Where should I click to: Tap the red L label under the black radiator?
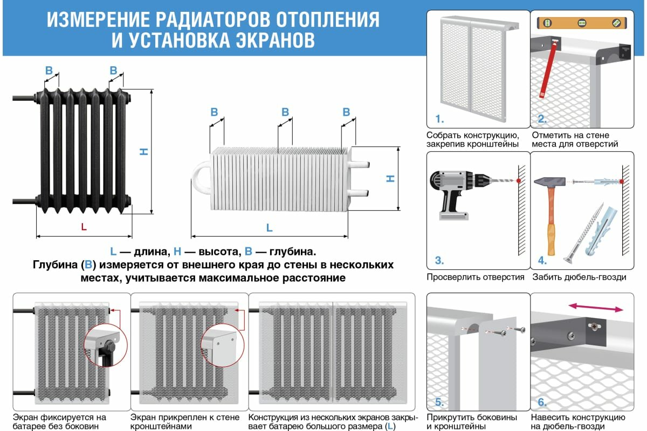coord(84,227)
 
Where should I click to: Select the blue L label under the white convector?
coord(270,228)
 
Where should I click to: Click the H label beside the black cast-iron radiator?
coord(144,151)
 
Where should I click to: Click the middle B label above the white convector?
coord(285,112)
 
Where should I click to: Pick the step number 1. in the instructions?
coord(439,119)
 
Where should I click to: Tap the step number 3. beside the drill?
coord(439,261)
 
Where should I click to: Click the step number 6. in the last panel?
coord(542,402)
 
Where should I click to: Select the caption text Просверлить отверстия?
coord(475,277)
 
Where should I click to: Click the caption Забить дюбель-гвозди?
coord(579,277)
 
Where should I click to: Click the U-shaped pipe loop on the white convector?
coord(201,178)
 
